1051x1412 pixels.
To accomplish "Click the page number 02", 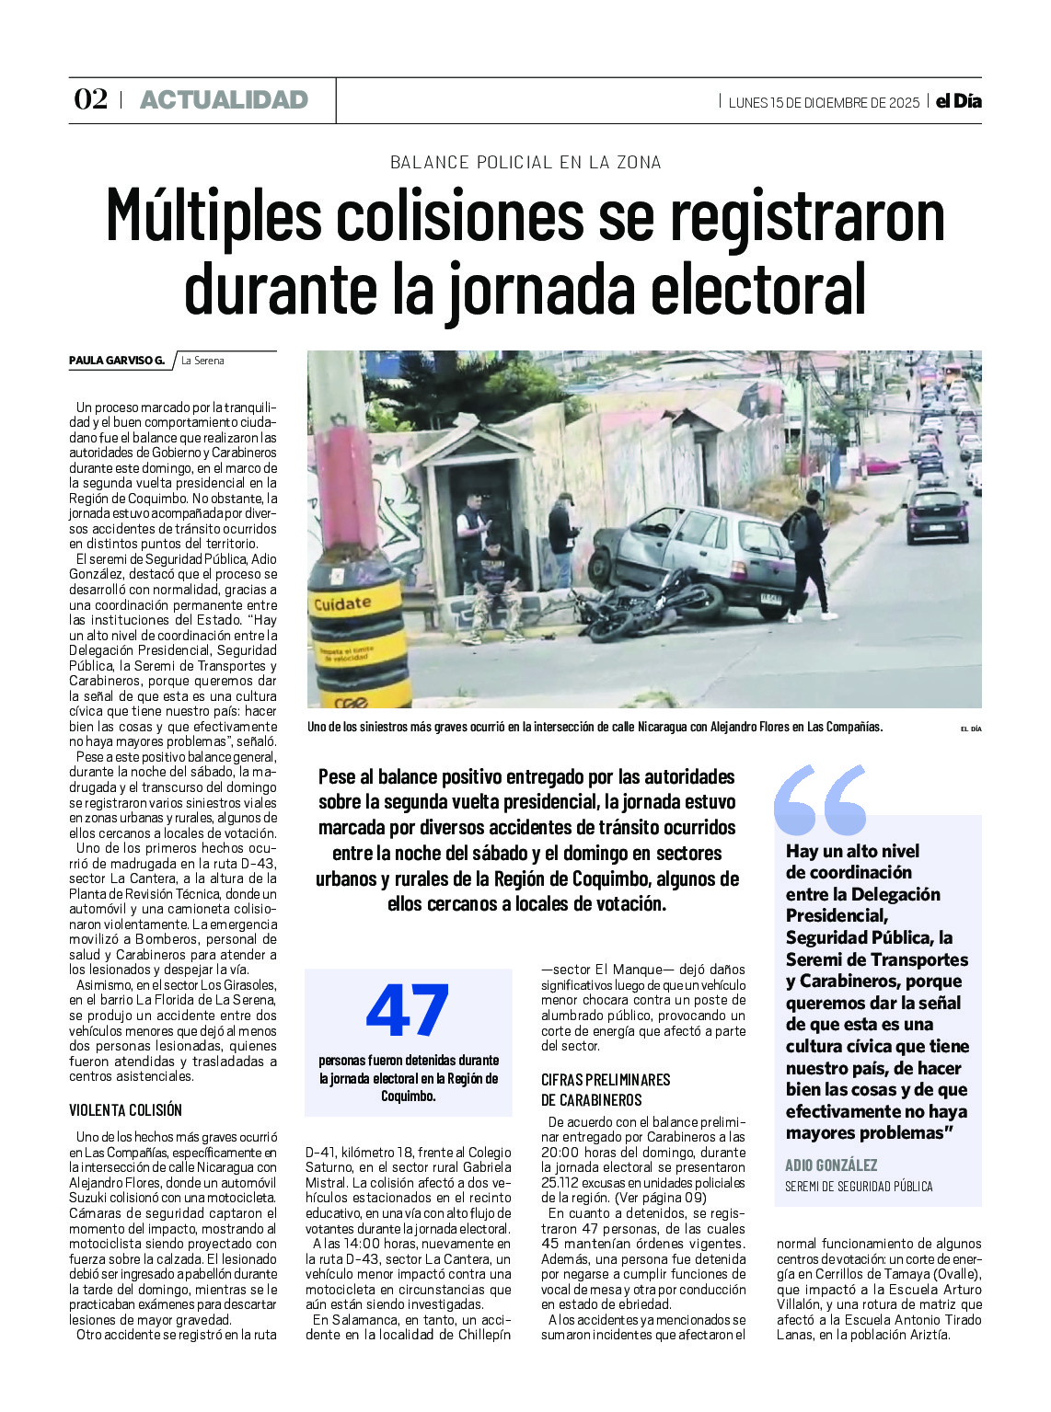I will click(x=90, y=99).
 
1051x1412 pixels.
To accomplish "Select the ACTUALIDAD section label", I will click(x=224, y=100).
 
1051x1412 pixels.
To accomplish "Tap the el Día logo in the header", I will click(x=958, y=101).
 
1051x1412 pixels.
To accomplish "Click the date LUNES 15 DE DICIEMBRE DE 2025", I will click(x=824, y=102).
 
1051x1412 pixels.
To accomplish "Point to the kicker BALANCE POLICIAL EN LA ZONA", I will click(x=525, y=163).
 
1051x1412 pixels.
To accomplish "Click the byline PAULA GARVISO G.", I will click(x=117, y=361).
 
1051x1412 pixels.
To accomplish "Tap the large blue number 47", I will click(x=407, y=1011).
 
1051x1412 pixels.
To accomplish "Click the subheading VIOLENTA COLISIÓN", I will click(x=125, y=1109).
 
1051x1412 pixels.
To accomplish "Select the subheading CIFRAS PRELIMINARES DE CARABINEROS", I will click(x=606, y=1089).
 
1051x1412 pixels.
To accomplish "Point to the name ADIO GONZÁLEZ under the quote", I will click(x=831, y=1165).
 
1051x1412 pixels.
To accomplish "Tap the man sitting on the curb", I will click(x=494, y=589).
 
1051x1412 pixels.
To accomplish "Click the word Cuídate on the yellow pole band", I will click(x=342, y=603).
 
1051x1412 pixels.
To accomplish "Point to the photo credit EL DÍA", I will click(x=970, y=729).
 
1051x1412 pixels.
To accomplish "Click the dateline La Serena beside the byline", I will click(x=202, y=361).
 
